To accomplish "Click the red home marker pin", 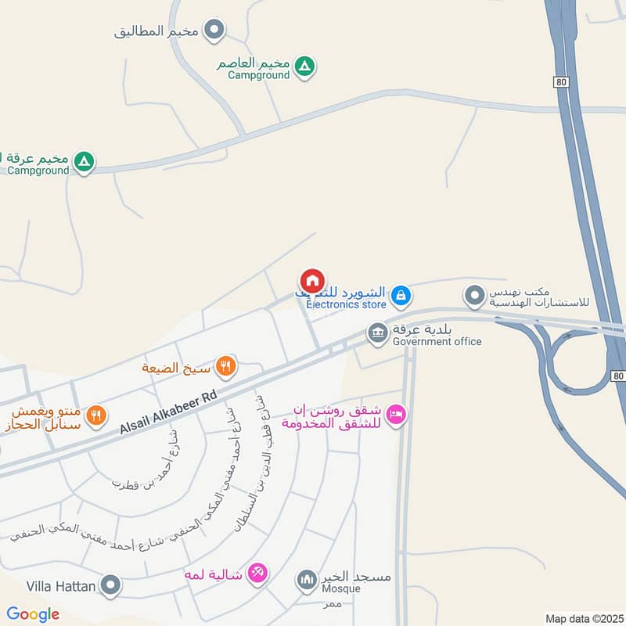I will tap(311, 281).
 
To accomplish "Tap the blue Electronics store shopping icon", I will tap(401, 295).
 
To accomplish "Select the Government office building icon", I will tap(378, 333).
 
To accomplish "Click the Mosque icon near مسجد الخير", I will tap(306, 581).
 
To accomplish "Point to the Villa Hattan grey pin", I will tap(112, 585).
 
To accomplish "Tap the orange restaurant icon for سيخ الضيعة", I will tap(226, 365).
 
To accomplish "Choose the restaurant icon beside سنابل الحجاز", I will tap(96, 416).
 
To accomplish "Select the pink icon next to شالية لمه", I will tap(257, 574).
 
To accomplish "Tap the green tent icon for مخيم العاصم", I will tap(306, 67).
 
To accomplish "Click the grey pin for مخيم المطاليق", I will tap(214, 31).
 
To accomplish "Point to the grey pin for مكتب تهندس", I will tap(473, 297).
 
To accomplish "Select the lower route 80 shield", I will tap(617, 377).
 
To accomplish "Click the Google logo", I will tap(33, 614).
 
